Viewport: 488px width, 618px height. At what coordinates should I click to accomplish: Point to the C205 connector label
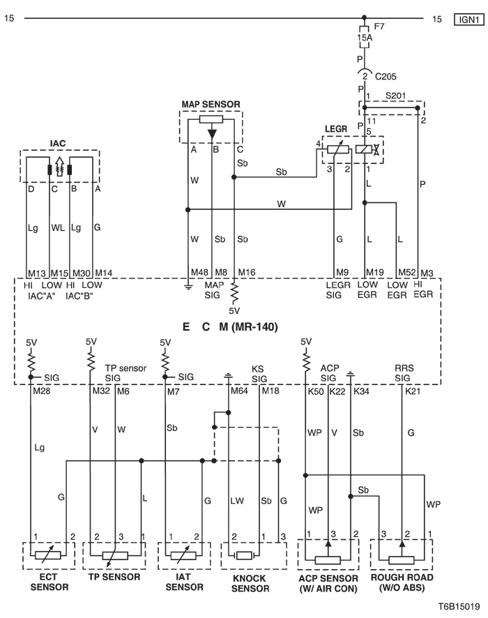386,76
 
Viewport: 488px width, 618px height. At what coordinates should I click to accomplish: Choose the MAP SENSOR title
211,104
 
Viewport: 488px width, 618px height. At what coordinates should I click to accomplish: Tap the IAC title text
57,143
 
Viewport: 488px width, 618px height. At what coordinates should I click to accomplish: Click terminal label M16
247,273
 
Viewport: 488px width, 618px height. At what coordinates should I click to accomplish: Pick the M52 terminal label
406,273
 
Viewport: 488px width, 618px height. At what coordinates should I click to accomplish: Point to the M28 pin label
41,393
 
